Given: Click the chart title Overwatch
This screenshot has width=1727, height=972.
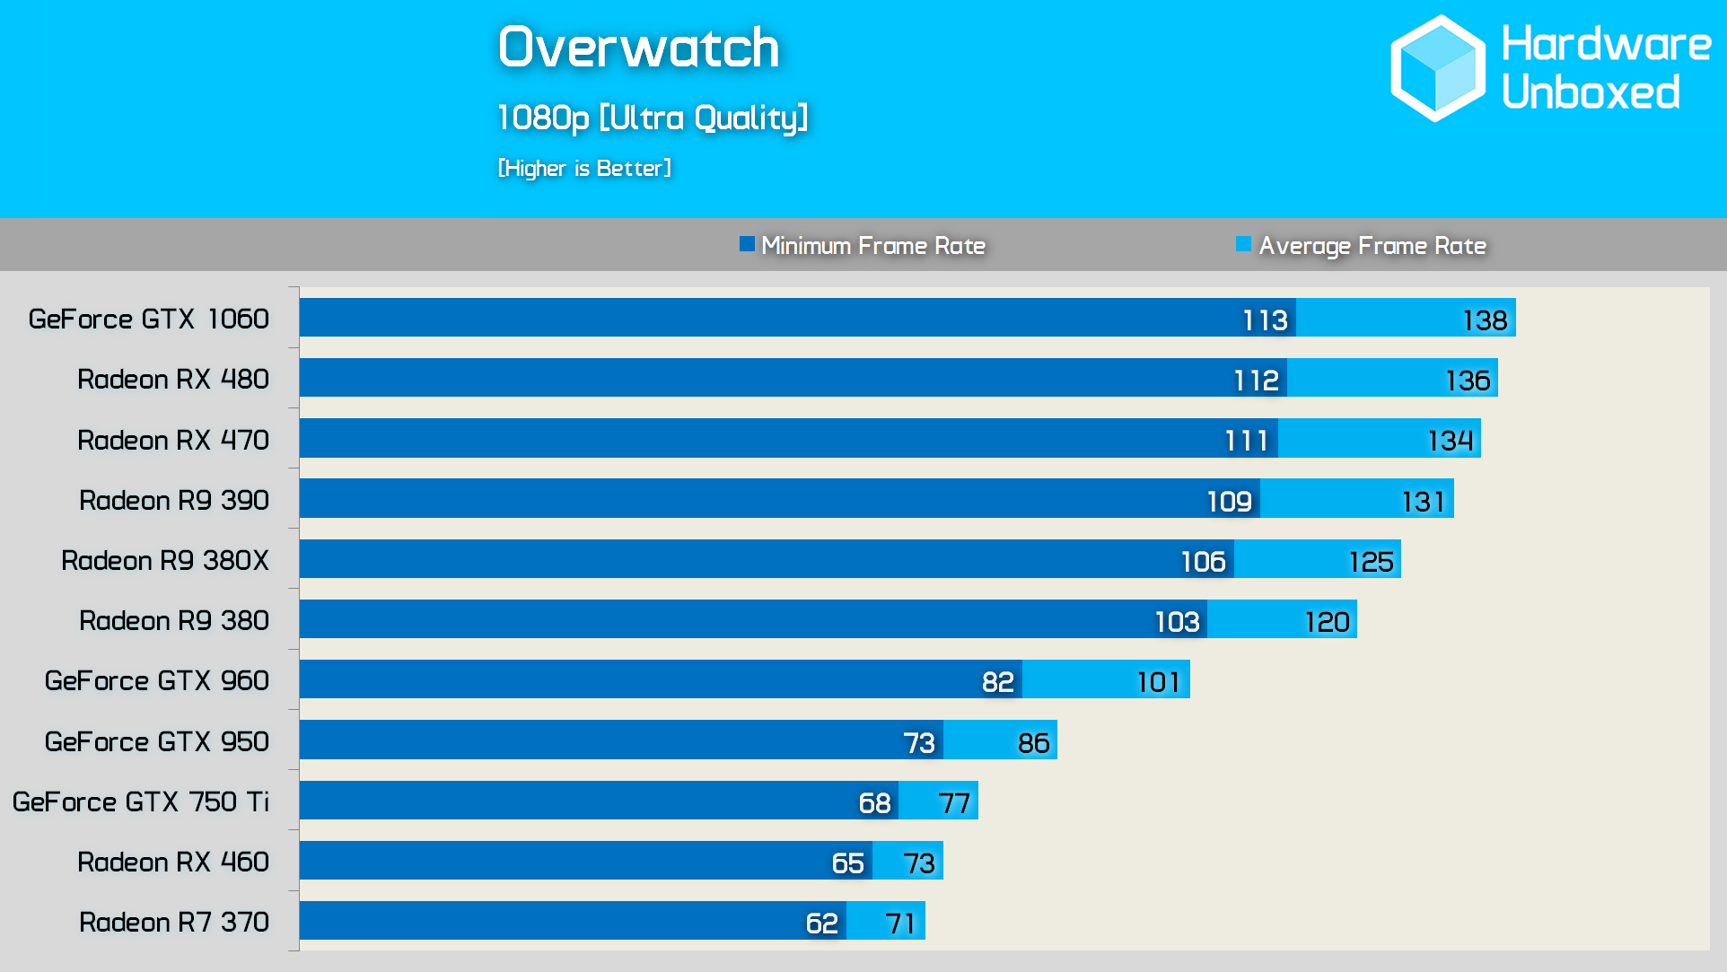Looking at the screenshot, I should point(638,48).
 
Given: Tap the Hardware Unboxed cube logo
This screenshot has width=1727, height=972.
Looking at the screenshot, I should point(1437,68).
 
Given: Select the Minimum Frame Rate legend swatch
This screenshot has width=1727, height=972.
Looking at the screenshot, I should point(747,244).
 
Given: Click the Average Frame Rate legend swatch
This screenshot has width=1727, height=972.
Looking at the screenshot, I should point(1243,244).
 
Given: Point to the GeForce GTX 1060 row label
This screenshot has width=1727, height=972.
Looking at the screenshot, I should point(148,319).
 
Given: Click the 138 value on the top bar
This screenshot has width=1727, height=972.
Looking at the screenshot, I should point(1485,320).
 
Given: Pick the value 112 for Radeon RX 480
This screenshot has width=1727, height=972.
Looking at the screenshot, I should point(1256,381).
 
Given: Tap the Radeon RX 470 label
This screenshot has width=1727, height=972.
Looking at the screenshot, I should point(172,440).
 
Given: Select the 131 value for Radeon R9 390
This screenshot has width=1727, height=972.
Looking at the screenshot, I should point(1424,502).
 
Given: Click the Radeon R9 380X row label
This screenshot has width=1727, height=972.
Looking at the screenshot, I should point(164,560).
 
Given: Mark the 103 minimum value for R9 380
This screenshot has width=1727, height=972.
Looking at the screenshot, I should point(1177,622).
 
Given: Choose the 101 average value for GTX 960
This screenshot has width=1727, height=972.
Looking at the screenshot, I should point(1158,683).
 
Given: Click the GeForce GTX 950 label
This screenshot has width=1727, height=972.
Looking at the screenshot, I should point(156,741).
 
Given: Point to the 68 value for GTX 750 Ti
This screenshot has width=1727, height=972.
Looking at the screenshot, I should point(874,803).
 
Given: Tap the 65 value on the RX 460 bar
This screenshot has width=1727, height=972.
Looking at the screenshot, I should point(847,863).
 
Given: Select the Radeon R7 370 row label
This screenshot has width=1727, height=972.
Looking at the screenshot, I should point(173,922).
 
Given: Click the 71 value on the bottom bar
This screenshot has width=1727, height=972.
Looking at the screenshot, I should point(900,924).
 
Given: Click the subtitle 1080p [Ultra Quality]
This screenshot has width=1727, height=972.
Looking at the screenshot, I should point(653,118).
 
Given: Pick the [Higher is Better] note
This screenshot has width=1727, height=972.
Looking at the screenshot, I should point(584,168).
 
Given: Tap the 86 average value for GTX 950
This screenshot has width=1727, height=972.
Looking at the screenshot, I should point(1033,743).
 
